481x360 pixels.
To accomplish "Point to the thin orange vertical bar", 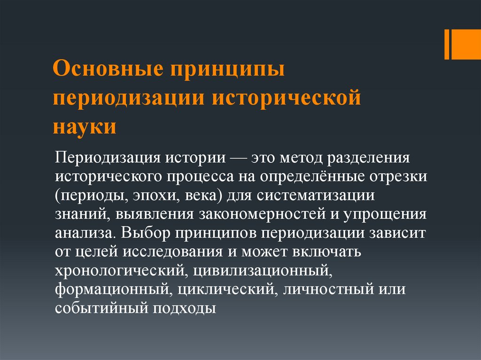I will pos(447,45).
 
